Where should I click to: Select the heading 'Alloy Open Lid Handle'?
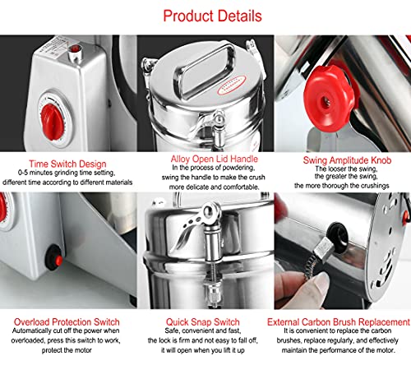(x=205, y=159)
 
